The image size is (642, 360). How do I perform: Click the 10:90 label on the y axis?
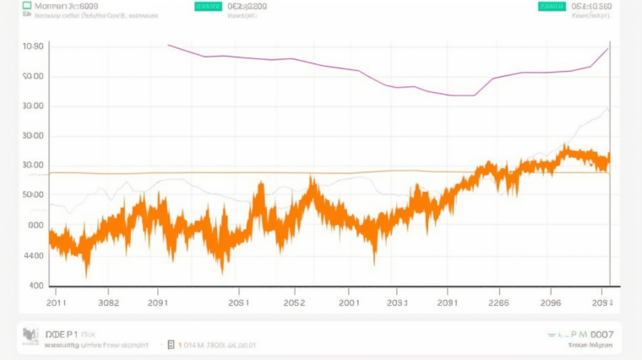click(33, 46)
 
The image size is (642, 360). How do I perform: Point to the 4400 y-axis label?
click(34, 255)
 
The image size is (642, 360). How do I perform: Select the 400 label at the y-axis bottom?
click(36, 286)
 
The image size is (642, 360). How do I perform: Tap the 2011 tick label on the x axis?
click(57, 302)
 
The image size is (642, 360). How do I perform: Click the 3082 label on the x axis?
click(108, 302)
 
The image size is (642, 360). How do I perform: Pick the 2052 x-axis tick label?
click(294, 302)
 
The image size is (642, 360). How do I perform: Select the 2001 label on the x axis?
click(349, 302)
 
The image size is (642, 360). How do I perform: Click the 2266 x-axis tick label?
click(498, 302)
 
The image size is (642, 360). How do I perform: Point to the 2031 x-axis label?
click(398, 302)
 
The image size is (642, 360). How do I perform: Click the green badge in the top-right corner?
click(551, 6)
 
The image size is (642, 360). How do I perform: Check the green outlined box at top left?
click(26, 6)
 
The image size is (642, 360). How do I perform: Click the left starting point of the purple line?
click(169, 45)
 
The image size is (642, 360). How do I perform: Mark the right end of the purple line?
click(608, 48)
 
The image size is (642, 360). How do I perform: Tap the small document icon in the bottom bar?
click(171, 345)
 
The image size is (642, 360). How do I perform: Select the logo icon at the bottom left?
click(30, 338)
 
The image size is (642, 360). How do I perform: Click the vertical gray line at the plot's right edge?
click(610, 169)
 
